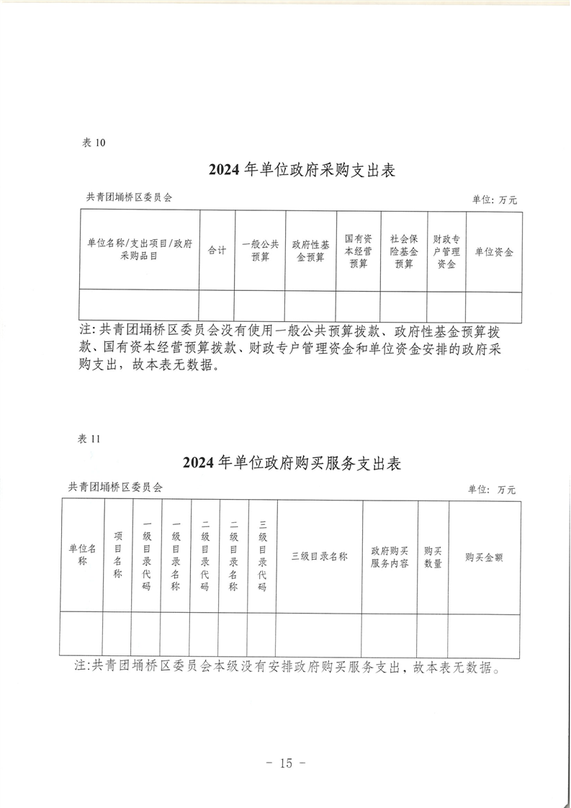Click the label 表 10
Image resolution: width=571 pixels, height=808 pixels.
pos(94,143)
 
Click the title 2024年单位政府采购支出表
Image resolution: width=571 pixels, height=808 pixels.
pos(302,170)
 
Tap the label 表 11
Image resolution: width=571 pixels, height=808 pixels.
pos(88,439)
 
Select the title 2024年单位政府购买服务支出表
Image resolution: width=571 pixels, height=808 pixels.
pos(292,463)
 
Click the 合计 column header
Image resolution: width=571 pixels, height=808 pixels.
pos(217,251)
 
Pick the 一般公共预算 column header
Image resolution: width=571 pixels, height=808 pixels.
pos(260,251)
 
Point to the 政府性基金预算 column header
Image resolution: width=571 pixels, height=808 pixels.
pos(311,251)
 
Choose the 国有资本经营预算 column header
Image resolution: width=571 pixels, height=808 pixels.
pos(358,251)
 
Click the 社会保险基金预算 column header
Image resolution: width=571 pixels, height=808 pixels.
pos(404,251)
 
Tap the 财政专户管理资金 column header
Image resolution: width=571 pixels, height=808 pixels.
pos(446,251)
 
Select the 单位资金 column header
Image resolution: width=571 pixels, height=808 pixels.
pos(494,252)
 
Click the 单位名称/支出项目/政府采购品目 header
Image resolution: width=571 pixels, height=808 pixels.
pos(139,249)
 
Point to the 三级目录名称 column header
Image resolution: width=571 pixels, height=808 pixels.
pos(320,557)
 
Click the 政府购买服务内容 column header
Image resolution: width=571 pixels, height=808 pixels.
pos(390,557)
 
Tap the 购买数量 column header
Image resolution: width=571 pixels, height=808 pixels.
pos(433,557)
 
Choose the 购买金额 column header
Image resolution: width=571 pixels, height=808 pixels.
pos(484,557)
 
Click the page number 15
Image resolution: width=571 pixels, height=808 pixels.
pos(285,763)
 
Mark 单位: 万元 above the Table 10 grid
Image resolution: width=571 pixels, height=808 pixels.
pos(494,200)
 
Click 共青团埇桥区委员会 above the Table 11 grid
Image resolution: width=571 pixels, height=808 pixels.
pos(115,487)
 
